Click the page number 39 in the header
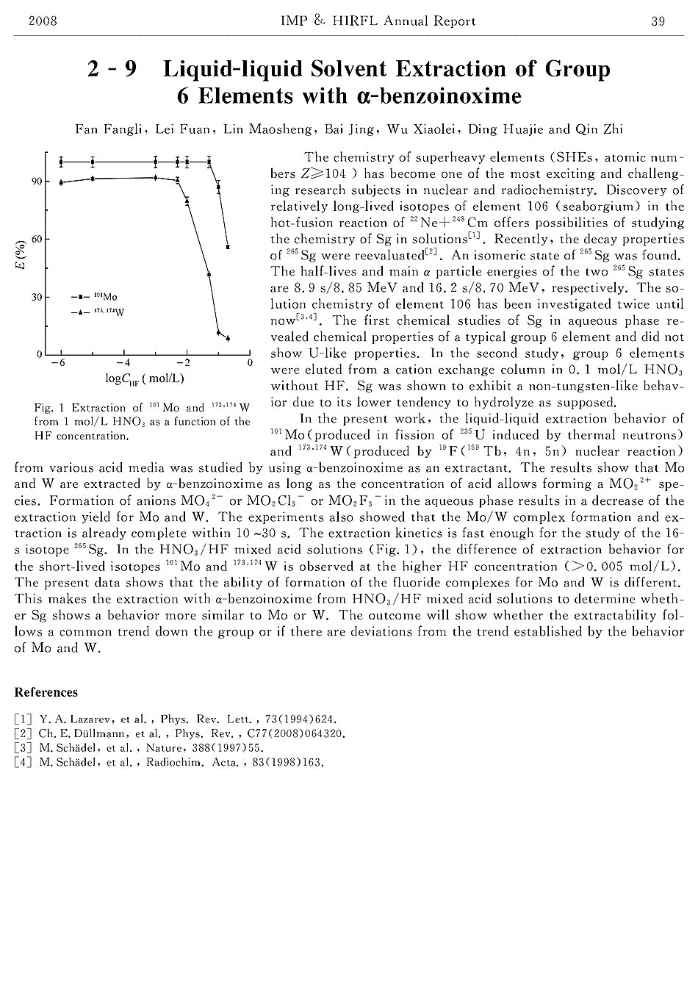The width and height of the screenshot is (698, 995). point(658,21)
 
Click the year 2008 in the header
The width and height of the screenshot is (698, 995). point(43,21)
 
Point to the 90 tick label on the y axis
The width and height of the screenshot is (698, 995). point(37,182)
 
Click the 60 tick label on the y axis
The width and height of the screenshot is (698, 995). point(37,240)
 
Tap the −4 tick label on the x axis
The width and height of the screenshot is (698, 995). point(123,363)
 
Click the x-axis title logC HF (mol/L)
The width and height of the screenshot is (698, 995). point(144,378)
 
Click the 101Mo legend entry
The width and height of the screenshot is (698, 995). point(98,297)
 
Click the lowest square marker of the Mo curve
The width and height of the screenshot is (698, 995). point(229,247)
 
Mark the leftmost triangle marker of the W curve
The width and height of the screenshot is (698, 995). point(61,182)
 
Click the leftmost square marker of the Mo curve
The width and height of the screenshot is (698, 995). point(61,162)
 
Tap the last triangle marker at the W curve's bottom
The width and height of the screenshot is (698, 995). point(229,338)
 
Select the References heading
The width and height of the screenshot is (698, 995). point(46,692)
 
